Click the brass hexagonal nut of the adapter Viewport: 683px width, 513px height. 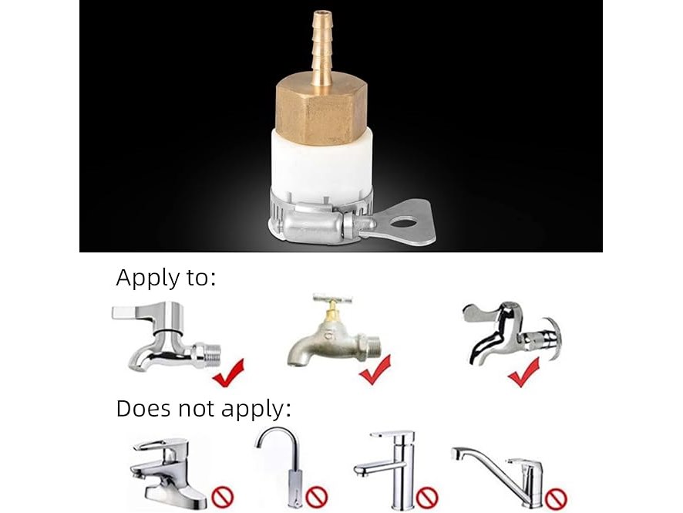[x=321, y=110]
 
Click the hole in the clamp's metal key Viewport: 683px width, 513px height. [x=403, y=224]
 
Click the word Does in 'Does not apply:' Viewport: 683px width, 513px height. [x=143, y=409]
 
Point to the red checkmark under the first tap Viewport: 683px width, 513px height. [x=229, y=373]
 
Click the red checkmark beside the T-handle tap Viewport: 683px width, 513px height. [x=375, y=370]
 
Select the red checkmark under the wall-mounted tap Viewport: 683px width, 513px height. [x=524, y=373]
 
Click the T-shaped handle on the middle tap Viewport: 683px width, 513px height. [x=332, y=300]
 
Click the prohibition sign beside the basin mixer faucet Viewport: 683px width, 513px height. [x=223, y=498]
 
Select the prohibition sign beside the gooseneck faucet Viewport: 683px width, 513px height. [x=317, y=497]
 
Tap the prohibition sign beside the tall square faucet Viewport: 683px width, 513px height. [x=427, y=497]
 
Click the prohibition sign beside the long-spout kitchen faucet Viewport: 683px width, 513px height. [x=557, y=498]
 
